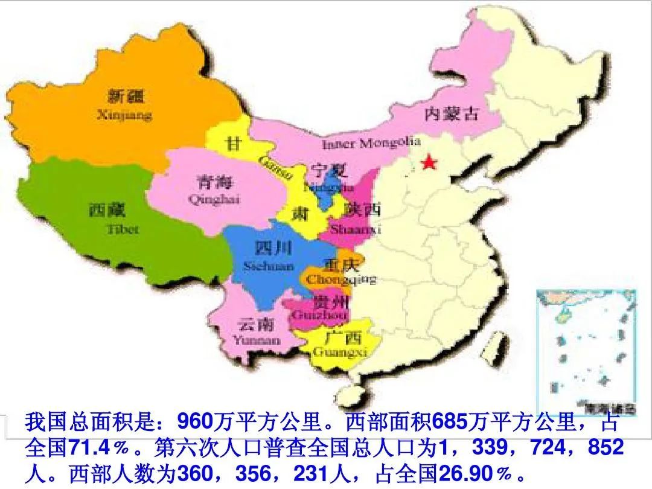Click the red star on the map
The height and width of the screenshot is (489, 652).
point(429,162)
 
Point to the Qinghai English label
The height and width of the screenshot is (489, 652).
point(206,200)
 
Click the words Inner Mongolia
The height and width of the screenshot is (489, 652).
point(371,144)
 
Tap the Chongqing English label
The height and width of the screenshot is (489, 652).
point(340,280)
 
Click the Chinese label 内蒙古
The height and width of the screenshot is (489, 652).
point(451,113)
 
